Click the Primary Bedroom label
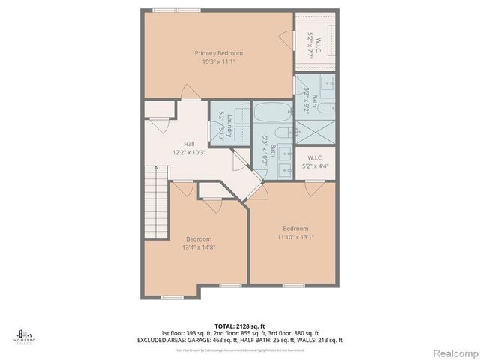point(219,53)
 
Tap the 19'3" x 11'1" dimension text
point(219,62)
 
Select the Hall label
point(190,144)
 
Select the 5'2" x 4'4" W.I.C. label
point(314,162)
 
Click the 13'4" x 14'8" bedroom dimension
point(199,247)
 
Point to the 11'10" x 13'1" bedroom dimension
point(295,238)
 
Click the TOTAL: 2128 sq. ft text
point(239,325)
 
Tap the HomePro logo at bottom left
point(24,334)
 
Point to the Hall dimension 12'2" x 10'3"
point(190,153)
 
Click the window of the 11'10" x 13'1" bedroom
point(293,285)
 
